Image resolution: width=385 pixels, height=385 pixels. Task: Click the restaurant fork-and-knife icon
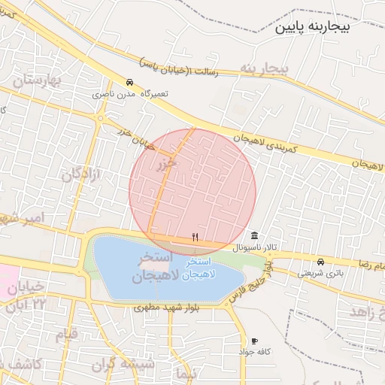(x=196, y=237)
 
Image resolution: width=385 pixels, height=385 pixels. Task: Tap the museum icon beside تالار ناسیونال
(x=255, y=236)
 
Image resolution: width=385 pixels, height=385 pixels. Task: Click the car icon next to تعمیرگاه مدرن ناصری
(x=130, y=83)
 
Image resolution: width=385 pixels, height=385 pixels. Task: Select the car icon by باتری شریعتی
(x=321, y=262)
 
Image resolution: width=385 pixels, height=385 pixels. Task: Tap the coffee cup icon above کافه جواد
(x=254, y=341)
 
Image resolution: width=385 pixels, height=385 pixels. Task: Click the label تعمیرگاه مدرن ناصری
(x=131, y=94)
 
